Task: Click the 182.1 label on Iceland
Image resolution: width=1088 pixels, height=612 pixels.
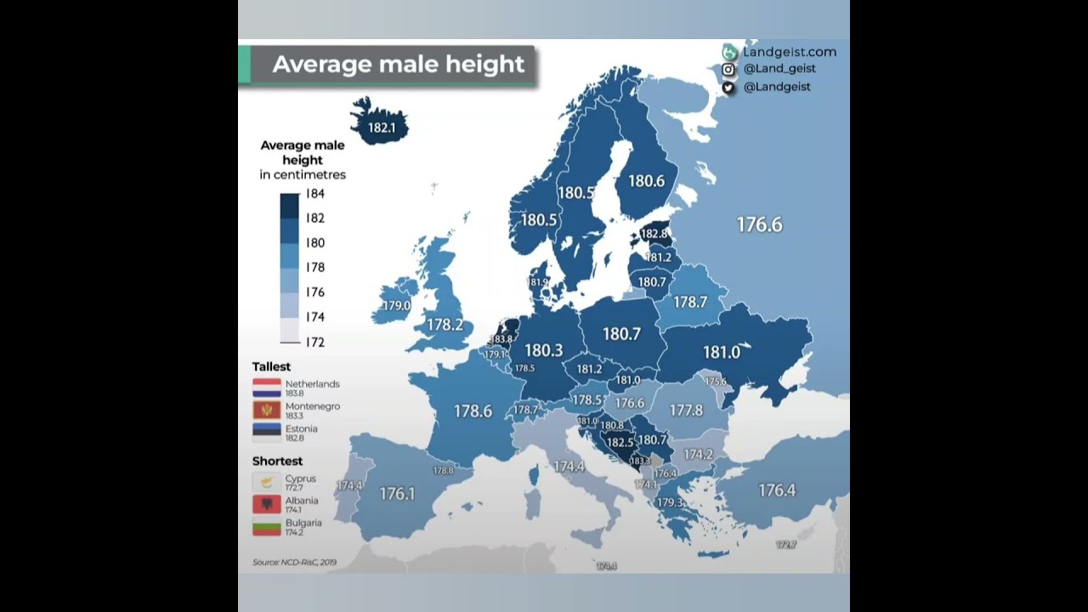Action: point(382,127)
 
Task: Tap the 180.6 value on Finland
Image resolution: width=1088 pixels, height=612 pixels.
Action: point(647,181)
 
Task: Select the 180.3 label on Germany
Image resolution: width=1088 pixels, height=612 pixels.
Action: point(544,350)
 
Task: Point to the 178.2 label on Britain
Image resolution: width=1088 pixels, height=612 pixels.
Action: point(445,325)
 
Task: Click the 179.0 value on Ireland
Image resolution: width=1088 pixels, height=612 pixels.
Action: point(396,306)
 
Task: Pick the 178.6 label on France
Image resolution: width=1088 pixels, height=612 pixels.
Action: point(473,411)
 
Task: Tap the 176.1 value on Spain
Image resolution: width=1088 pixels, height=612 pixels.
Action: point(397,493)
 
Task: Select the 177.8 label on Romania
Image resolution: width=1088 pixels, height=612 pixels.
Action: point(686,411)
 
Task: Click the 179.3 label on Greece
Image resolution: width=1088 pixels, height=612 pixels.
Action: point(670,502)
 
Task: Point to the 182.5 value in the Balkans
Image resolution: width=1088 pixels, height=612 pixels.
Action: point(619,443)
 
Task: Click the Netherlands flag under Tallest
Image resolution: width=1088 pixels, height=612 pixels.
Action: point(267,388)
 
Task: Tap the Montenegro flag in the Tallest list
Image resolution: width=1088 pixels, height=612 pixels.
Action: point(267,411)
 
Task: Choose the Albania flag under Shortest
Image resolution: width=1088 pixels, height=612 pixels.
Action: point(267,505)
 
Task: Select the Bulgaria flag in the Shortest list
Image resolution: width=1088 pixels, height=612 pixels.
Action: point(267,527)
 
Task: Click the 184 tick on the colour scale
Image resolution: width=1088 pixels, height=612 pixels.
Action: point(315,194)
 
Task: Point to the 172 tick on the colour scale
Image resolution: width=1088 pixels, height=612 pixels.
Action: point(315,343)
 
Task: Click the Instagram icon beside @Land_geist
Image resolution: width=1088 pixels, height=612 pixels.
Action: point(728,70)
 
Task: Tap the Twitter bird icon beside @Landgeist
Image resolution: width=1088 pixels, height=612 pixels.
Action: point(728,87)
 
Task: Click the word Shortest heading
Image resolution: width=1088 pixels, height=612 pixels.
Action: point(277,461)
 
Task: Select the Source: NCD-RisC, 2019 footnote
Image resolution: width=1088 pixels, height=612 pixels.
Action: point(294,562)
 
